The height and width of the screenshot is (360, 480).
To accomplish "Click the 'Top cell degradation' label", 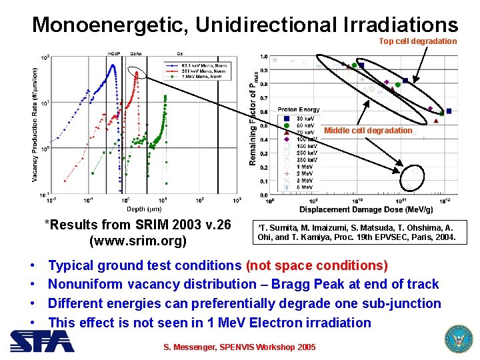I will [418, 41].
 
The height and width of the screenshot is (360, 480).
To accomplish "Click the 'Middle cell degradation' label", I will [368, 131].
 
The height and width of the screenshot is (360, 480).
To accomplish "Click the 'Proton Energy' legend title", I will [298, 110].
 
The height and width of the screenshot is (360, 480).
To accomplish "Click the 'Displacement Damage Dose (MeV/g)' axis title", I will [365, 209].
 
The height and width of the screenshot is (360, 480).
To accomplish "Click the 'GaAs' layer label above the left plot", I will [136, 53].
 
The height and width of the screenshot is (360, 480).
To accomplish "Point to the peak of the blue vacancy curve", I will [113, 65].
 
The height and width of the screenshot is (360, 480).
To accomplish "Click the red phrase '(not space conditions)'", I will [317, 265].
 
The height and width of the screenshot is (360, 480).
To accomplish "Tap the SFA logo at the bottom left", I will [41, 341].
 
